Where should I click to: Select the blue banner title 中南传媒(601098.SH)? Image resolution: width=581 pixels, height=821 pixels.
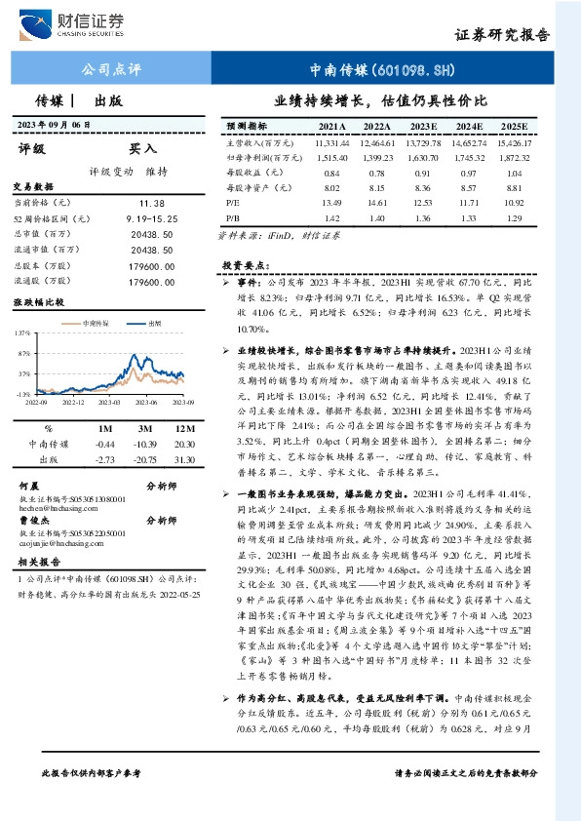[x=381, y=71]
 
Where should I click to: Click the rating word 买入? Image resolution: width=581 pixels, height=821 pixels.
[x=143, y=149]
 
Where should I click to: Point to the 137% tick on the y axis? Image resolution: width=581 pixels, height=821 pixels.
[x=23, y=333]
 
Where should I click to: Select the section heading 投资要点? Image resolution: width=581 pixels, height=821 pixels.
[x=243, y=265]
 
